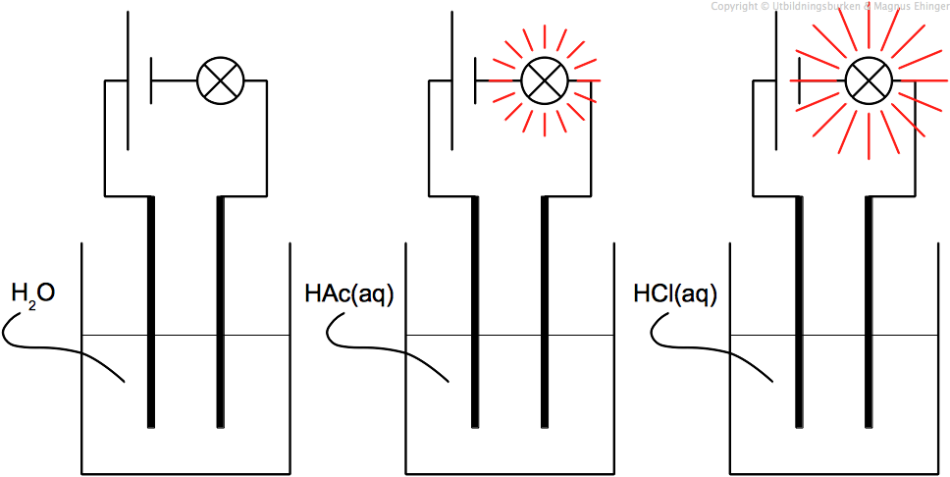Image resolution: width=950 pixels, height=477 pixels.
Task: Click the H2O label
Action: tap(31, 293)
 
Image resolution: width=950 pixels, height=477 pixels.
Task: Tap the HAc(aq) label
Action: tap(348, 293)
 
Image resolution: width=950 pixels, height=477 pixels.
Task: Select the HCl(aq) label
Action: tap(676, 293)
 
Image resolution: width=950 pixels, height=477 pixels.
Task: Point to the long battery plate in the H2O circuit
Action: tap(129, 79)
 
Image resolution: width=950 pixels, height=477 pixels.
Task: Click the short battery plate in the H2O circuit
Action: tap(151, 79)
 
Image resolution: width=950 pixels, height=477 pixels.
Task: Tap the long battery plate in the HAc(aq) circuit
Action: tap(453, 79)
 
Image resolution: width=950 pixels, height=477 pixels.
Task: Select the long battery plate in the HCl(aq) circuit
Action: tap(778, 79)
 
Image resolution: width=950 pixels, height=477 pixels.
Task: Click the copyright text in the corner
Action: tap(829, 7)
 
